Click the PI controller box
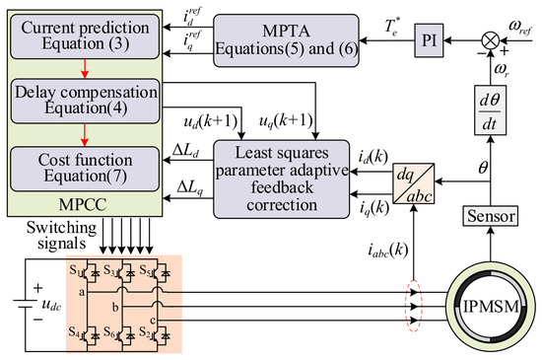coord(429,40)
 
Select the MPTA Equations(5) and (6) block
coord(286,40)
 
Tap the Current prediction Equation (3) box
coord(85,36)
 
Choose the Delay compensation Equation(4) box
coord(86,101)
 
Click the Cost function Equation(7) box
coord(85,169)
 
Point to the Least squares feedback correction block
coord(282,180)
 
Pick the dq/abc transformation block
coord(414,183)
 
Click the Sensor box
coord(491,216)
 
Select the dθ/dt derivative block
coord(490,109)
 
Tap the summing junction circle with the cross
coord(491,40)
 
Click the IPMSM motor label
coord(491,307)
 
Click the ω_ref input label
coord(520,28)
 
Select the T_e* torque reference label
coord(391,27)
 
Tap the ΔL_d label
coord(185,151)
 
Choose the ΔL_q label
coord(190,187)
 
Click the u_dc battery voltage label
coord(51,305)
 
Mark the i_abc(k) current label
coord(388,250)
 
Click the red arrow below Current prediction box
coord(85,69)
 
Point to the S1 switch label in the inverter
coord(74,269)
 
